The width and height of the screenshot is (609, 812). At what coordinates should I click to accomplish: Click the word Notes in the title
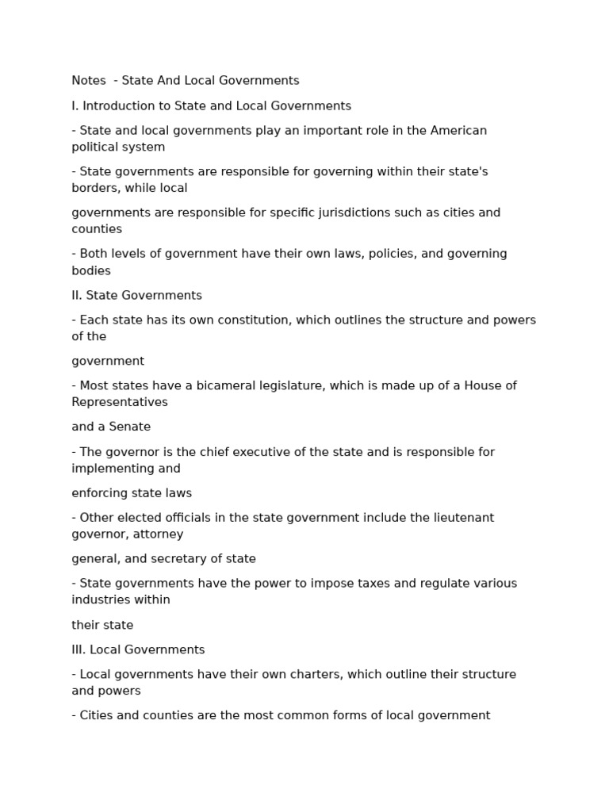coord(88,80)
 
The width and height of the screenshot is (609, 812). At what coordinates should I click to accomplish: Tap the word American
coord(458,130)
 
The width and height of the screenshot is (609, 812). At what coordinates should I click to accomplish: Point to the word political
coord(94,147)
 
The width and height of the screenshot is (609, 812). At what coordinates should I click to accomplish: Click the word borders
coord(94,188)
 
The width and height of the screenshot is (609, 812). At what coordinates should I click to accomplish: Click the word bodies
coord(91,270)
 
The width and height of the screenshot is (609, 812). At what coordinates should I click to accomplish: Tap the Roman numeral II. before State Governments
coord(77,295)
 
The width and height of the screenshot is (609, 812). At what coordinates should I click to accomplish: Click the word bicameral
coord(224,385)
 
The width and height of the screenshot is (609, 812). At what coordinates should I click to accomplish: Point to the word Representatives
coord(120,402)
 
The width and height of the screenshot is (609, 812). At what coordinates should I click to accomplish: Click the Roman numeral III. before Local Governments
coord(79,649)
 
